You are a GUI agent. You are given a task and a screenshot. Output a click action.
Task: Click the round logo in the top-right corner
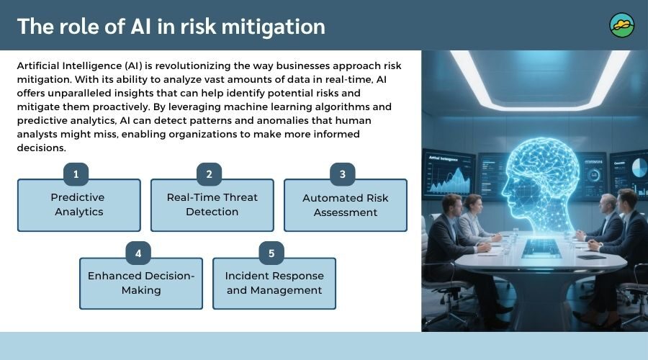tap(622, 25)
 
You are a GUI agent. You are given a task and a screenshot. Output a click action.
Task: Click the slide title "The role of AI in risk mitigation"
tap(171, 26)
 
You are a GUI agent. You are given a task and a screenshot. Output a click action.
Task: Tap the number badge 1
tap(76, 174)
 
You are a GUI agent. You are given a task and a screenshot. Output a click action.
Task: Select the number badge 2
tap(209, 174)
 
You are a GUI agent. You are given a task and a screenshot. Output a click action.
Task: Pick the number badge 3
tap(343, 174)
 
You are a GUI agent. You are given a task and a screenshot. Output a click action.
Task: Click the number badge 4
tap(138, 253)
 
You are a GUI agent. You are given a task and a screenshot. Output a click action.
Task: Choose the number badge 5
tap(271, 253)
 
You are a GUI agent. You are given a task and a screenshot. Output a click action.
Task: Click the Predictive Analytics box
tap(78, 205)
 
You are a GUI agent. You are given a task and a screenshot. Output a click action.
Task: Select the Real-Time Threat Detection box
tap(212, 205)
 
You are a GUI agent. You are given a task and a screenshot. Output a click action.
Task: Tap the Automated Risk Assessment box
tap(346, 205)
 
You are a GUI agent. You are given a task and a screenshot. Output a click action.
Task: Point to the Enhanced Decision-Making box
tap(141, 284)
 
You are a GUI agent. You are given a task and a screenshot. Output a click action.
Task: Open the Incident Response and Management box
tap(274, 284)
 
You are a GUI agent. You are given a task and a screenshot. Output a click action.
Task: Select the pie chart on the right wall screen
tap(639, 167)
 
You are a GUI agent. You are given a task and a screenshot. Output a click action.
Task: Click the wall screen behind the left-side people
tap(448, 173)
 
